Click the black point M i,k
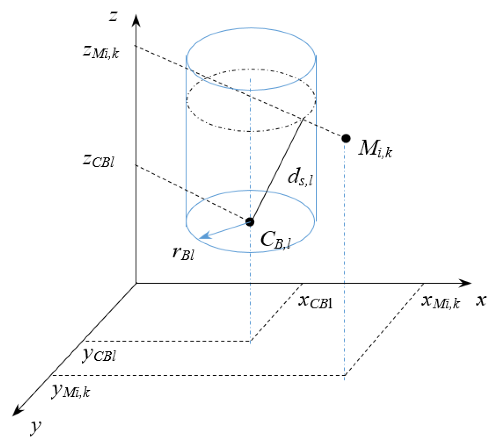(346, 139)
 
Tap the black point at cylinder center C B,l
(250, 222)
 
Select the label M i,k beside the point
(375, 149)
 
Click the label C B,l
(275, 240)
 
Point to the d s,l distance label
(300, 178)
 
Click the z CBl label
(98, 161)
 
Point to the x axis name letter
(481, 300)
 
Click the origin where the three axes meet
(136, 283)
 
